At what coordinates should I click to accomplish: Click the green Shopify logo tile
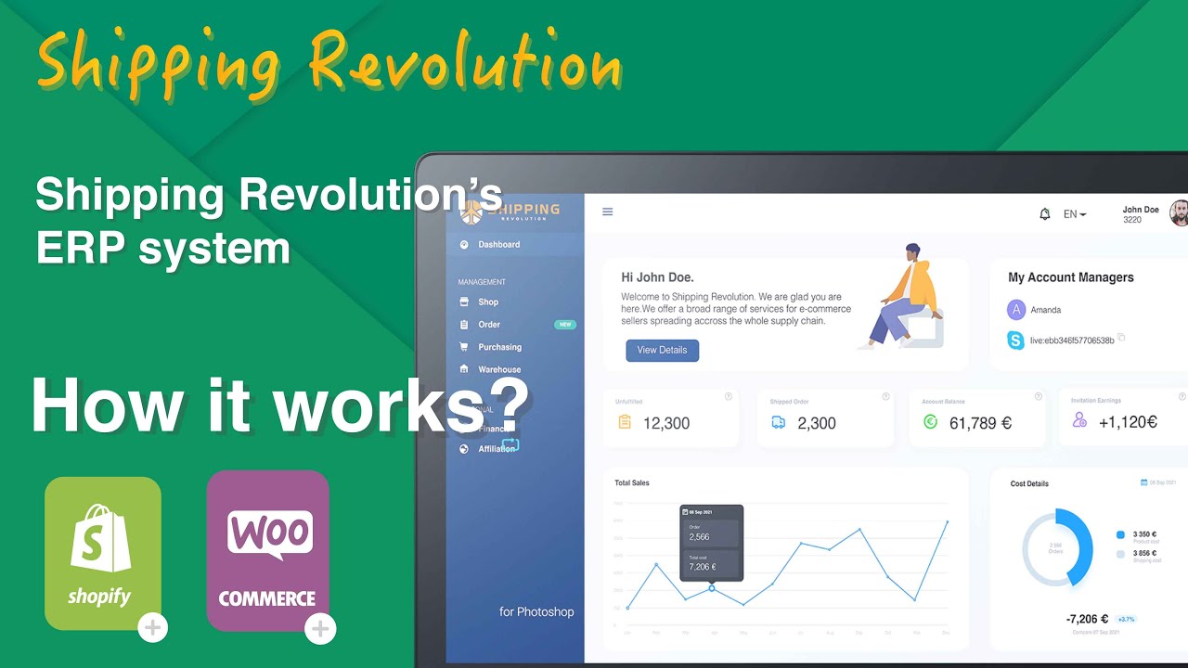coord(103,553)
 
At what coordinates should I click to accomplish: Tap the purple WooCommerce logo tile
coord(267,551)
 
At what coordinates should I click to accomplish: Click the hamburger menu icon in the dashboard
coord(608,212)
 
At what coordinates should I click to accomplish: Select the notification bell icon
coord(1045,214)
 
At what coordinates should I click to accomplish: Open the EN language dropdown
coord(1075,214)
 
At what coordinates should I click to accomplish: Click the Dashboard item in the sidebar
coord(498,245)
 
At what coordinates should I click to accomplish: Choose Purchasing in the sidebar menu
coord(499,347)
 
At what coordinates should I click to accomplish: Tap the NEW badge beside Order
coord(564,325)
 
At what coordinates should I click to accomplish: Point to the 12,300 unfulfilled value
coord(665,423)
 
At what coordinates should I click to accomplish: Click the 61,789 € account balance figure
coord(980,423)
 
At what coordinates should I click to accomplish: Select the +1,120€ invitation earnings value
coord(1128,422)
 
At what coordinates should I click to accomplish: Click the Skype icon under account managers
coord(1016,340)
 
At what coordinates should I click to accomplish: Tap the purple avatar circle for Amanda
coord(1016,310)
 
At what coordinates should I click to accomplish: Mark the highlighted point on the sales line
coord(712,588)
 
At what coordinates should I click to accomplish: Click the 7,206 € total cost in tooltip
coord(702,566)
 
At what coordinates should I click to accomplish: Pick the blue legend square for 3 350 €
coord(1121,534)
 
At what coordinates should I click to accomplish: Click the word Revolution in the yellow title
coord(465,63)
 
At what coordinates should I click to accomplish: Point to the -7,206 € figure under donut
coord(1088,619)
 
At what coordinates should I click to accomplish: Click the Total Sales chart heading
coord(632,483)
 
